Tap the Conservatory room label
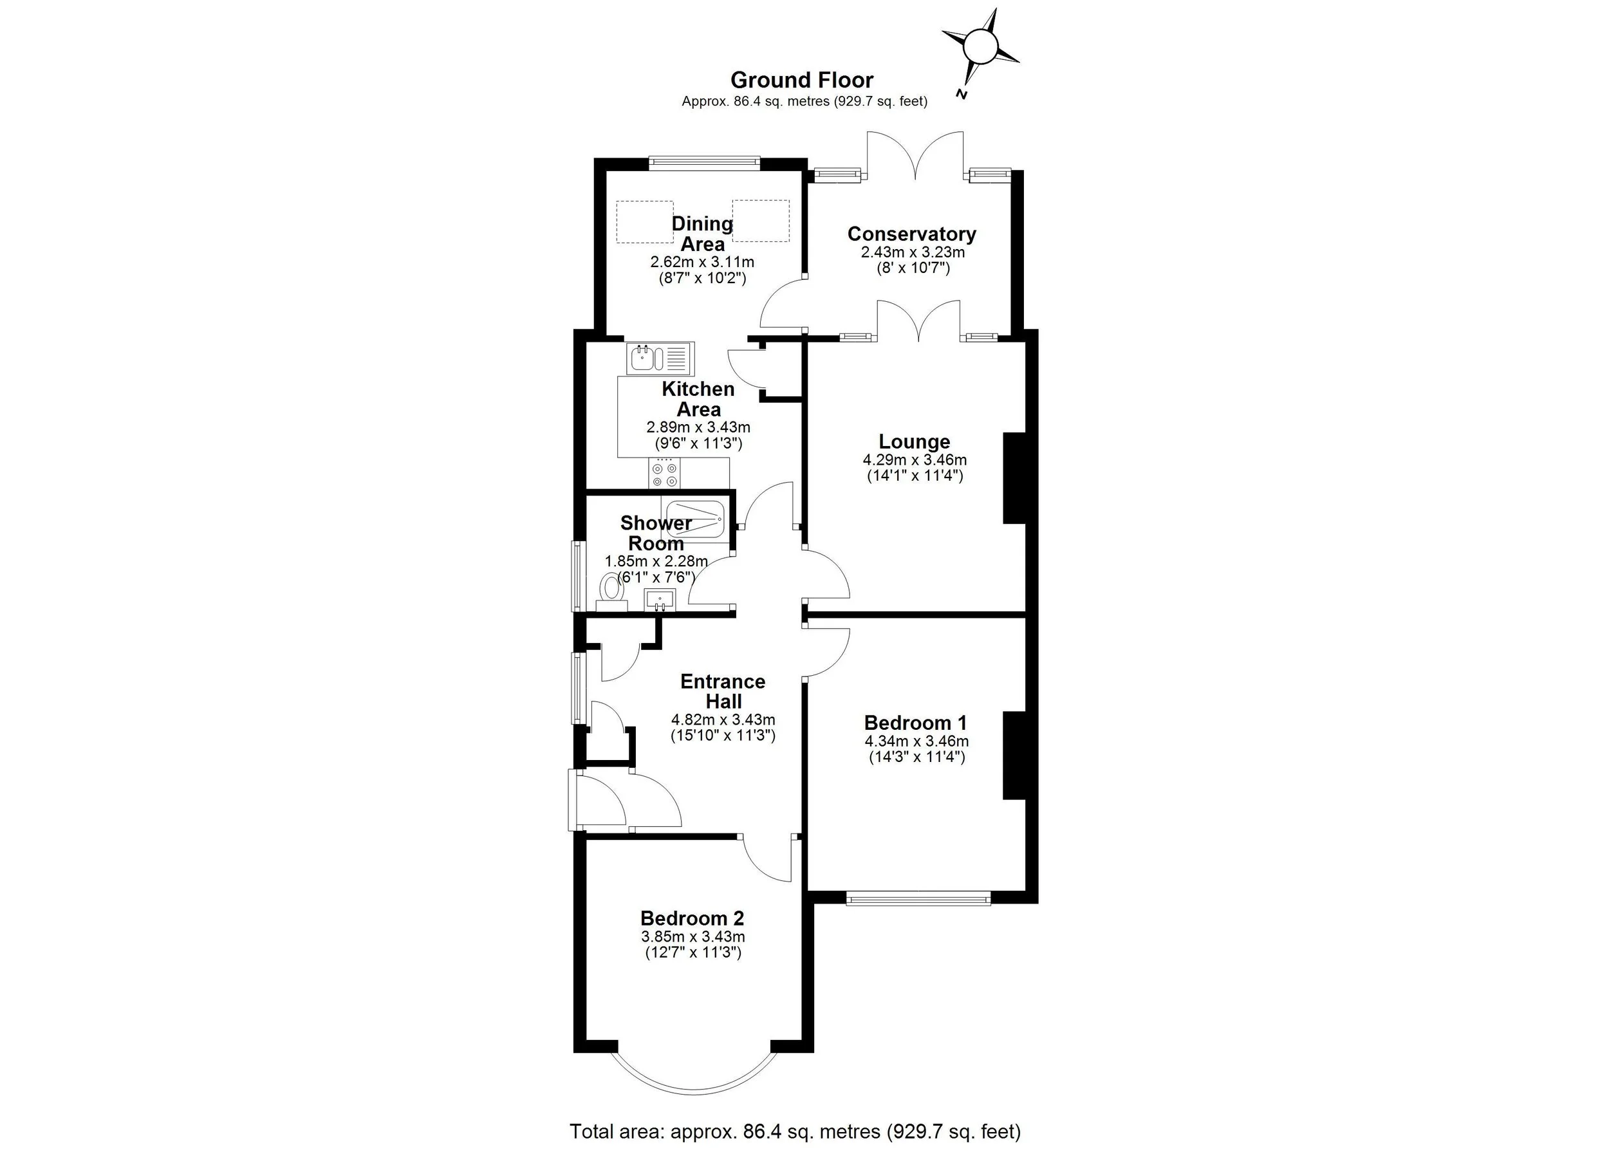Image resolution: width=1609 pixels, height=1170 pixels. pyautogui.click(x=911, y=234)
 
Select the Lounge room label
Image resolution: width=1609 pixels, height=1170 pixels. pyautogui.click(x=915, y=441)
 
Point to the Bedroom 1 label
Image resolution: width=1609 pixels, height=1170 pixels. pyautogui.click(x=915, y=723)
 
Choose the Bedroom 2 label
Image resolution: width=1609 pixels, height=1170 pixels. pyautogui.click(x=692, y=918)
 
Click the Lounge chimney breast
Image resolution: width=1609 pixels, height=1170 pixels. pyautogui.click(x=1014, y=478)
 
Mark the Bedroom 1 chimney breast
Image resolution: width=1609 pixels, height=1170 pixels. pyautogui.click(x=1014, y=755)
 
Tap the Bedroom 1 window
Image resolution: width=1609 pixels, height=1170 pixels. pyautogui.click(x=918, y=900)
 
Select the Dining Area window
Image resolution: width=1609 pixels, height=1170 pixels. pyautogui.click(x=703, y=162)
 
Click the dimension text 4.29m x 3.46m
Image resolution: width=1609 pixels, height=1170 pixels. pyautogui.click(x=915, y=460)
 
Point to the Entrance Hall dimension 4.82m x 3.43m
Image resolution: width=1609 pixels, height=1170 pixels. pyautogui.click(x=723, y=720)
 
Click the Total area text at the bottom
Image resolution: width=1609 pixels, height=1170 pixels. pyautogui.click(x=795, y=1131)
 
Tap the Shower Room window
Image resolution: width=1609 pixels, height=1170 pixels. pyautogui.click(x=577, y=575)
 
